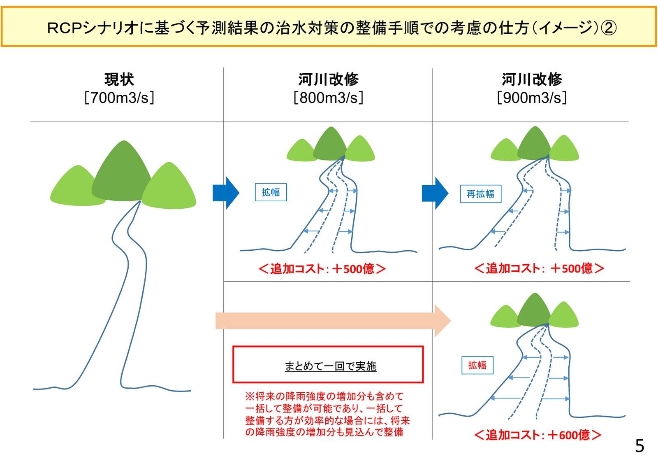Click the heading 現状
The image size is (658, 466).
coord(119,79)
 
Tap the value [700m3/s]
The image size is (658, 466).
coord(119,98)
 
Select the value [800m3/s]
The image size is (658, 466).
coord(328,98)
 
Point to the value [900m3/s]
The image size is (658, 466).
coord(532,98)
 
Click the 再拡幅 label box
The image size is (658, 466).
coord(480,194)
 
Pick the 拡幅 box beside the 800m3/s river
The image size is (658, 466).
coord(271,192)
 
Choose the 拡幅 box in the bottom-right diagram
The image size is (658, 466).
coord(477,365)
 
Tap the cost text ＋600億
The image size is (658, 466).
coord(538,435)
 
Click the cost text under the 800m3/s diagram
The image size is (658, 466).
coord(322,269)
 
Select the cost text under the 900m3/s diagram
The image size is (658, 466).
coord(539,268)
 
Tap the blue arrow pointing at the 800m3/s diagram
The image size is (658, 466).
coord(226,193)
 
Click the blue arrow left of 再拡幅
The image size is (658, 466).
coord(435,193)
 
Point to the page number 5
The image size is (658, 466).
coord(639,446)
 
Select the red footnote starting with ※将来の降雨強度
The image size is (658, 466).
coord(327,414)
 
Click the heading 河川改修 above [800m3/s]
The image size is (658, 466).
coord(328,79)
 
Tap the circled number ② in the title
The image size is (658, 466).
coord(609,28)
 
